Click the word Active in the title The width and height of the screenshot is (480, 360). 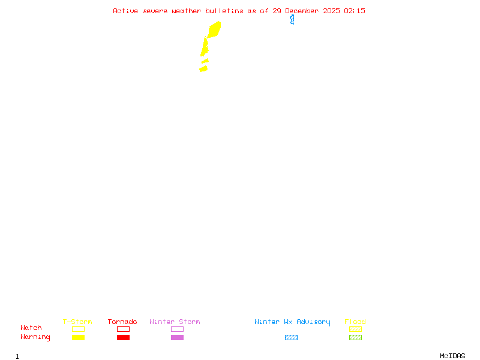[126, 11]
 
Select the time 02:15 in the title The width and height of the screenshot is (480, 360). [355, 11]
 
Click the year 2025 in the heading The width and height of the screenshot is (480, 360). [331, 11]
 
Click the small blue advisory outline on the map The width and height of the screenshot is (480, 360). [292, 20]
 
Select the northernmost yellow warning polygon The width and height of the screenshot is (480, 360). [214, 29]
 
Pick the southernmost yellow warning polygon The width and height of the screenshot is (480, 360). [203, 69]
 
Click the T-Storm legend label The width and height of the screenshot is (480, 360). [77, 322]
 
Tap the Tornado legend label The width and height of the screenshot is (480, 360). [122, 322]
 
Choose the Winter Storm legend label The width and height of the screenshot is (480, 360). [175, 322]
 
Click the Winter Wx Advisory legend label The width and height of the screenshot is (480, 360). [292, 322]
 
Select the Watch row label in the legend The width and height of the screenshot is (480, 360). [31, 328]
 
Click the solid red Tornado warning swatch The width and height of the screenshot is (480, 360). [123, 338]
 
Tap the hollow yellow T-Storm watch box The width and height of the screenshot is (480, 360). [78, 329]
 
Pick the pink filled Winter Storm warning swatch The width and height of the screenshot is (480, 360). [177, 338]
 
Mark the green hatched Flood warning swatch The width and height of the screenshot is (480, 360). [355, 338]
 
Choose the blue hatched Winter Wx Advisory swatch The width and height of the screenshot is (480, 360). [291, 338]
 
